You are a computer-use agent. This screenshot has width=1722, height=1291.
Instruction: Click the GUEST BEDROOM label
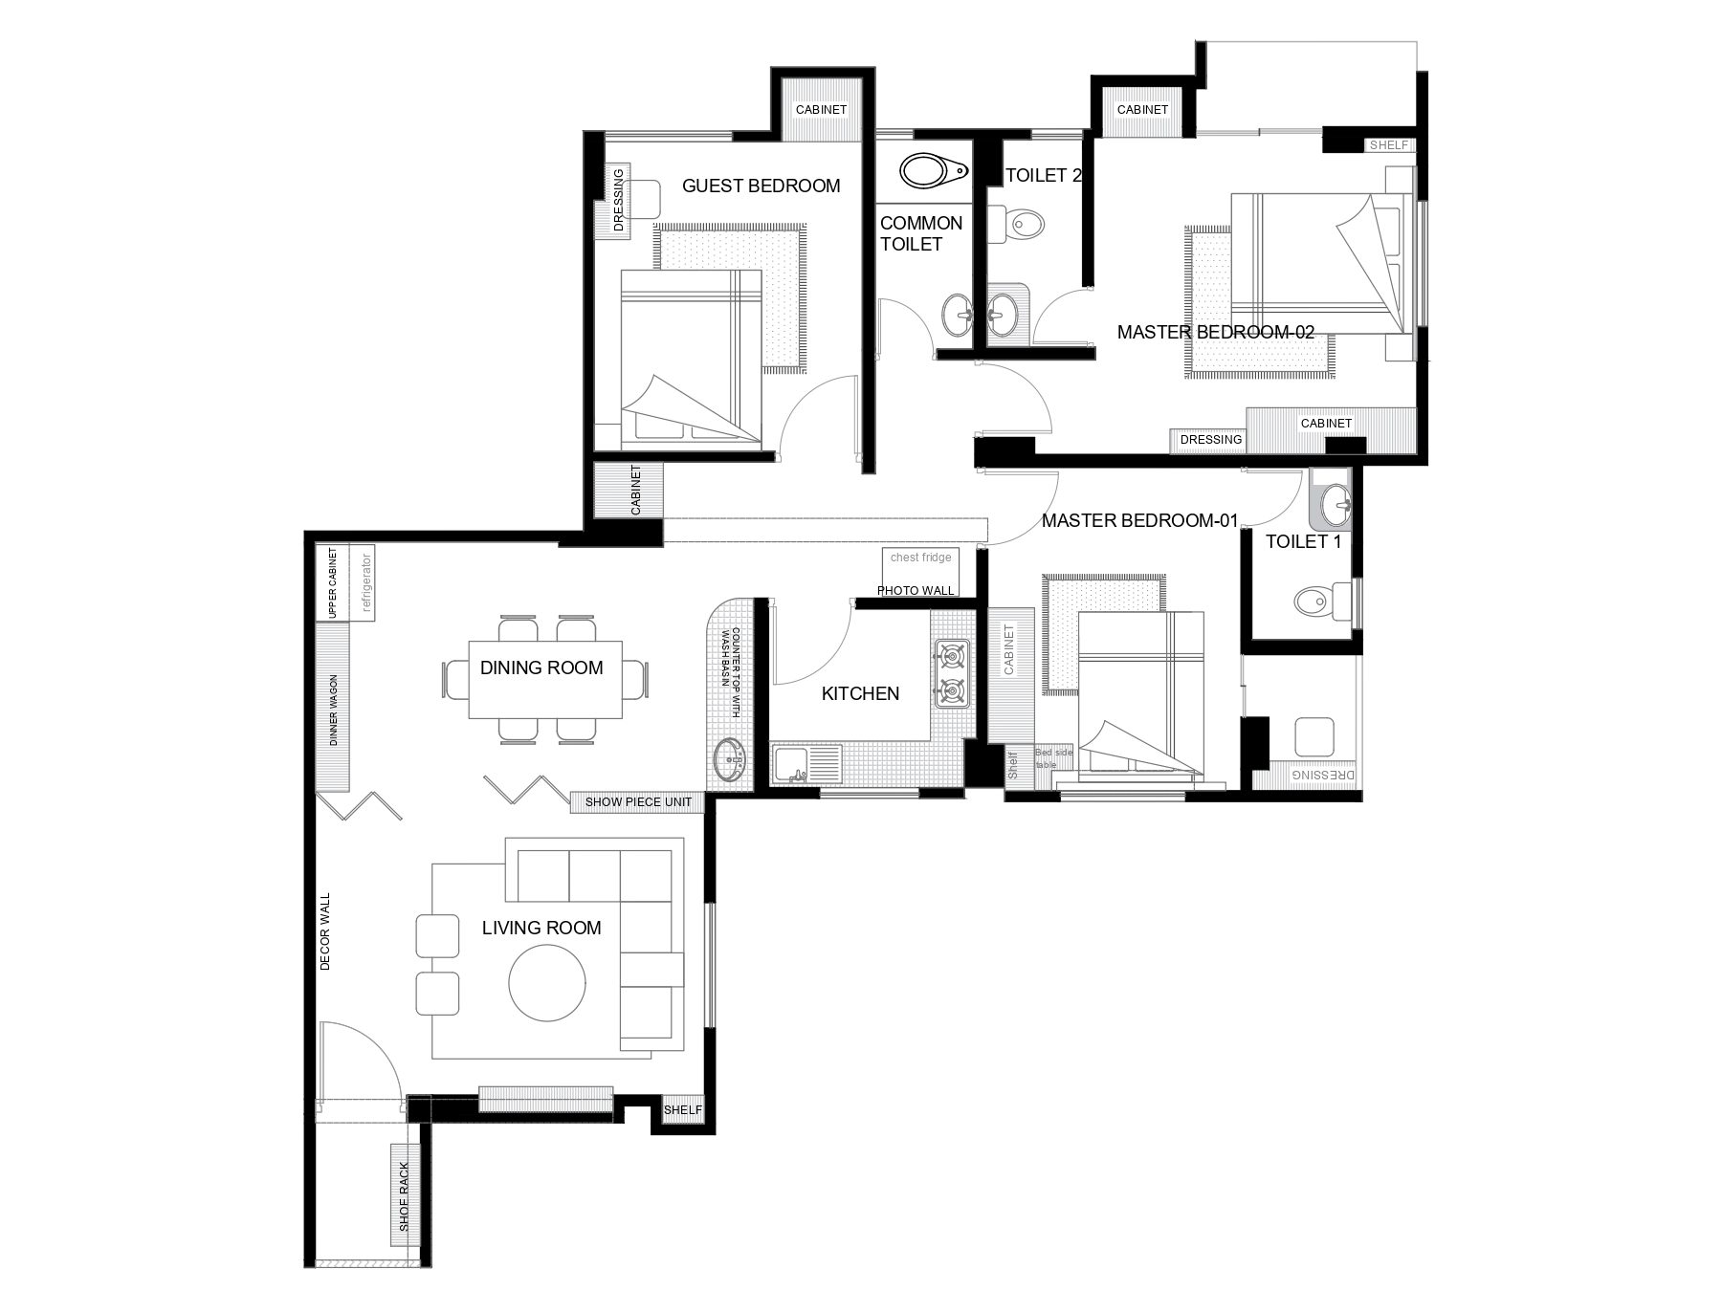(761, 186)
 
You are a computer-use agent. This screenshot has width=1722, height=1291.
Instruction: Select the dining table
(545, 680)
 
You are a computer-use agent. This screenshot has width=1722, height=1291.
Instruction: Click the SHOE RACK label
(404, 1196)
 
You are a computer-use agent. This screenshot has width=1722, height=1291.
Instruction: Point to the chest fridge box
(920, 564)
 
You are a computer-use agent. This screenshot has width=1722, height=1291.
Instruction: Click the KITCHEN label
(860, 693)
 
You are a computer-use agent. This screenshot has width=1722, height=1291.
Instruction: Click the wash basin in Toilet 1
(1334, 499)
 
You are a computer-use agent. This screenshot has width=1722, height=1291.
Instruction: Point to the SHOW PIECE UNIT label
(638, 802)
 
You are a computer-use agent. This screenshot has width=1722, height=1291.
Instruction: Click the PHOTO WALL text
(916, 591)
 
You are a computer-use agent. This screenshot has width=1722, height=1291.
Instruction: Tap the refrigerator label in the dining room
(364, 581)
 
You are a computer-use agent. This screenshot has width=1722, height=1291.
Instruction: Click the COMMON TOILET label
(920, 233)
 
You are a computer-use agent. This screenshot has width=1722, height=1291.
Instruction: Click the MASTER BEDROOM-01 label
(1139, 521)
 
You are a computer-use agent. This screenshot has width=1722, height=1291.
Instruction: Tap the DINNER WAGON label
(334, 711)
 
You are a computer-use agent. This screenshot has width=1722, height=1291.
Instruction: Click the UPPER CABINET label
(332, 583)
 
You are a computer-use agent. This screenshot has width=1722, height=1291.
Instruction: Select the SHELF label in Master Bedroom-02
(1389, 145)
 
